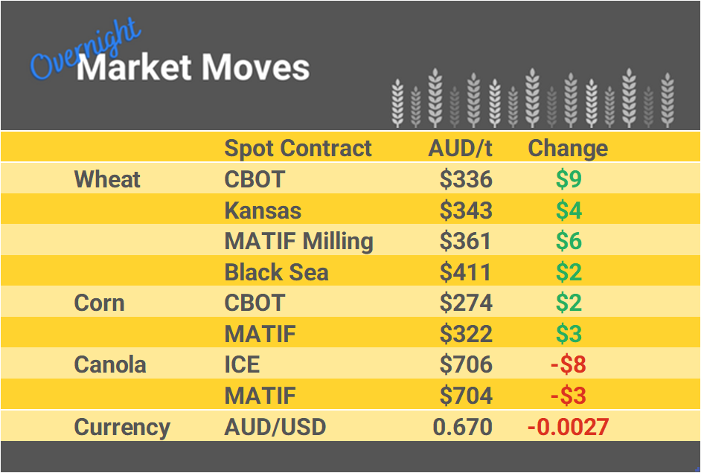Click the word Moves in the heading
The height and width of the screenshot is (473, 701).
(255, 68)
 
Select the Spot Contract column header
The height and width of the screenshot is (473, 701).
(298, 148)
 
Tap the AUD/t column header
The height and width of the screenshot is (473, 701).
(460, 148)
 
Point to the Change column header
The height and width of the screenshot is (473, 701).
(568, 148)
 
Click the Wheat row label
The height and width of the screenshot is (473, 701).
(107, 179)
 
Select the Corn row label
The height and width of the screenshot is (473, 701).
(99, 303)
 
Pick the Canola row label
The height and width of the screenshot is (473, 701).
(110, 365)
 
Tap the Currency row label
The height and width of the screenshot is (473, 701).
(122, 428)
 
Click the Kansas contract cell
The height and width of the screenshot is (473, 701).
(263, 210)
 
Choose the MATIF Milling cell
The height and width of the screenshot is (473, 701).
(298, 242)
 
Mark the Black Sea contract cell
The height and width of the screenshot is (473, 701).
(276, 272)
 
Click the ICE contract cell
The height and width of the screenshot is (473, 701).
(242, 365)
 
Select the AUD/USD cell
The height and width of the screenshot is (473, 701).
(275, 428)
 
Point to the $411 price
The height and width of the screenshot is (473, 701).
(466, 272)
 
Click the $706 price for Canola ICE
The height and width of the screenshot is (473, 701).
(466, 365)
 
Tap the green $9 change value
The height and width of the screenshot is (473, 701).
(569, 179)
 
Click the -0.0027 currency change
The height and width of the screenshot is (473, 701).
(568, 428)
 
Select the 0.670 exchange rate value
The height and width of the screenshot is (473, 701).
(462, 428)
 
